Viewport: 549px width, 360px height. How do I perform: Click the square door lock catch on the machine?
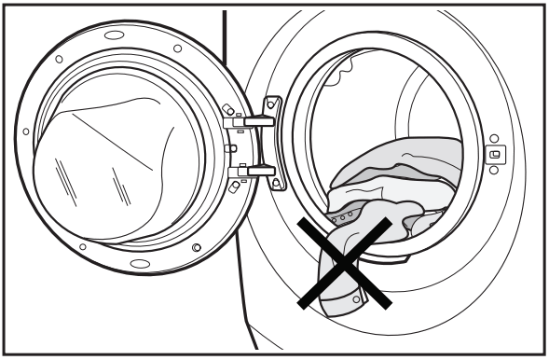(x=494, y=154)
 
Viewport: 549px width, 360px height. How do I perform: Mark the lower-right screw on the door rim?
(x=197, y=246)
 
